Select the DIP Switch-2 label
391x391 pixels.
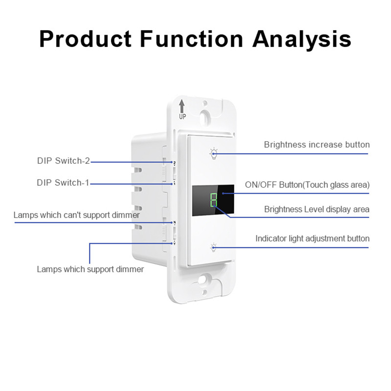[x=63, y=160]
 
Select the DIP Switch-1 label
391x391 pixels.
[x=63, y=183]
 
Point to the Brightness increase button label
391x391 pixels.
[x=317, y=145]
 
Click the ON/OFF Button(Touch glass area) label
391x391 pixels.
[x=307, y=185]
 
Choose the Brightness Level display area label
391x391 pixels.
[x=317, y=209]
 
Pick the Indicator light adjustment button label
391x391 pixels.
[x=312, y=239]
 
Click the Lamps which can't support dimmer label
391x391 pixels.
[x=77, y=215]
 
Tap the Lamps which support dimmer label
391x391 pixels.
[x=90, y=269]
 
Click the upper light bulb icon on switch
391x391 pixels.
[x=213, y=153]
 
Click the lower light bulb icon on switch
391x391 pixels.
[x=213, y=246]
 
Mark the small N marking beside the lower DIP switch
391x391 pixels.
[x=174, y=223]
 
